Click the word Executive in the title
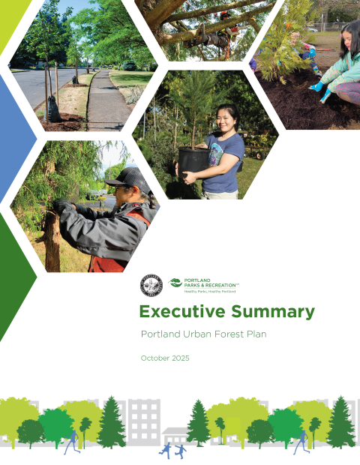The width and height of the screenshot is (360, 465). coord(178,312)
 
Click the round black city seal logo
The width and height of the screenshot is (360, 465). coord(150,285)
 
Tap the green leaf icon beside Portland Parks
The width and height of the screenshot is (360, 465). coord(175,282)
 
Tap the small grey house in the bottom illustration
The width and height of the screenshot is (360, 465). coord(175,435)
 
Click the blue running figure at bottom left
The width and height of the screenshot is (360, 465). coord(71,442)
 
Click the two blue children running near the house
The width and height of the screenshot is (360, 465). coord(172,450)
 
